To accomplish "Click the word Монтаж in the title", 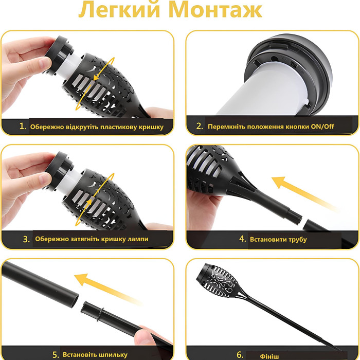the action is coord(215,10).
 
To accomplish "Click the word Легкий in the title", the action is coord(119,10).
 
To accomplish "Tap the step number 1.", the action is coord(23,126).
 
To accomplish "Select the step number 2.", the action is coord(200,126).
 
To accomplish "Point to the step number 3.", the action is coord(26,239).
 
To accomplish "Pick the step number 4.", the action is coord(242,239).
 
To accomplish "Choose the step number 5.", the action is coord(56,355).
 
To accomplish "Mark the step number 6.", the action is coord(240,355).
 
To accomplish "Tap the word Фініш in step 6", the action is coord(269,356).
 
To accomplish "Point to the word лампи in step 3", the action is coord(139,239).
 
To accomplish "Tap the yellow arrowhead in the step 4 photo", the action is coord(279,182).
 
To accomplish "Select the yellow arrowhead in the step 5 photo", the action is coord(81,279).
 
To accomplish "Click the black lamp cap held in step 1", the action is coord(59,55).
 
